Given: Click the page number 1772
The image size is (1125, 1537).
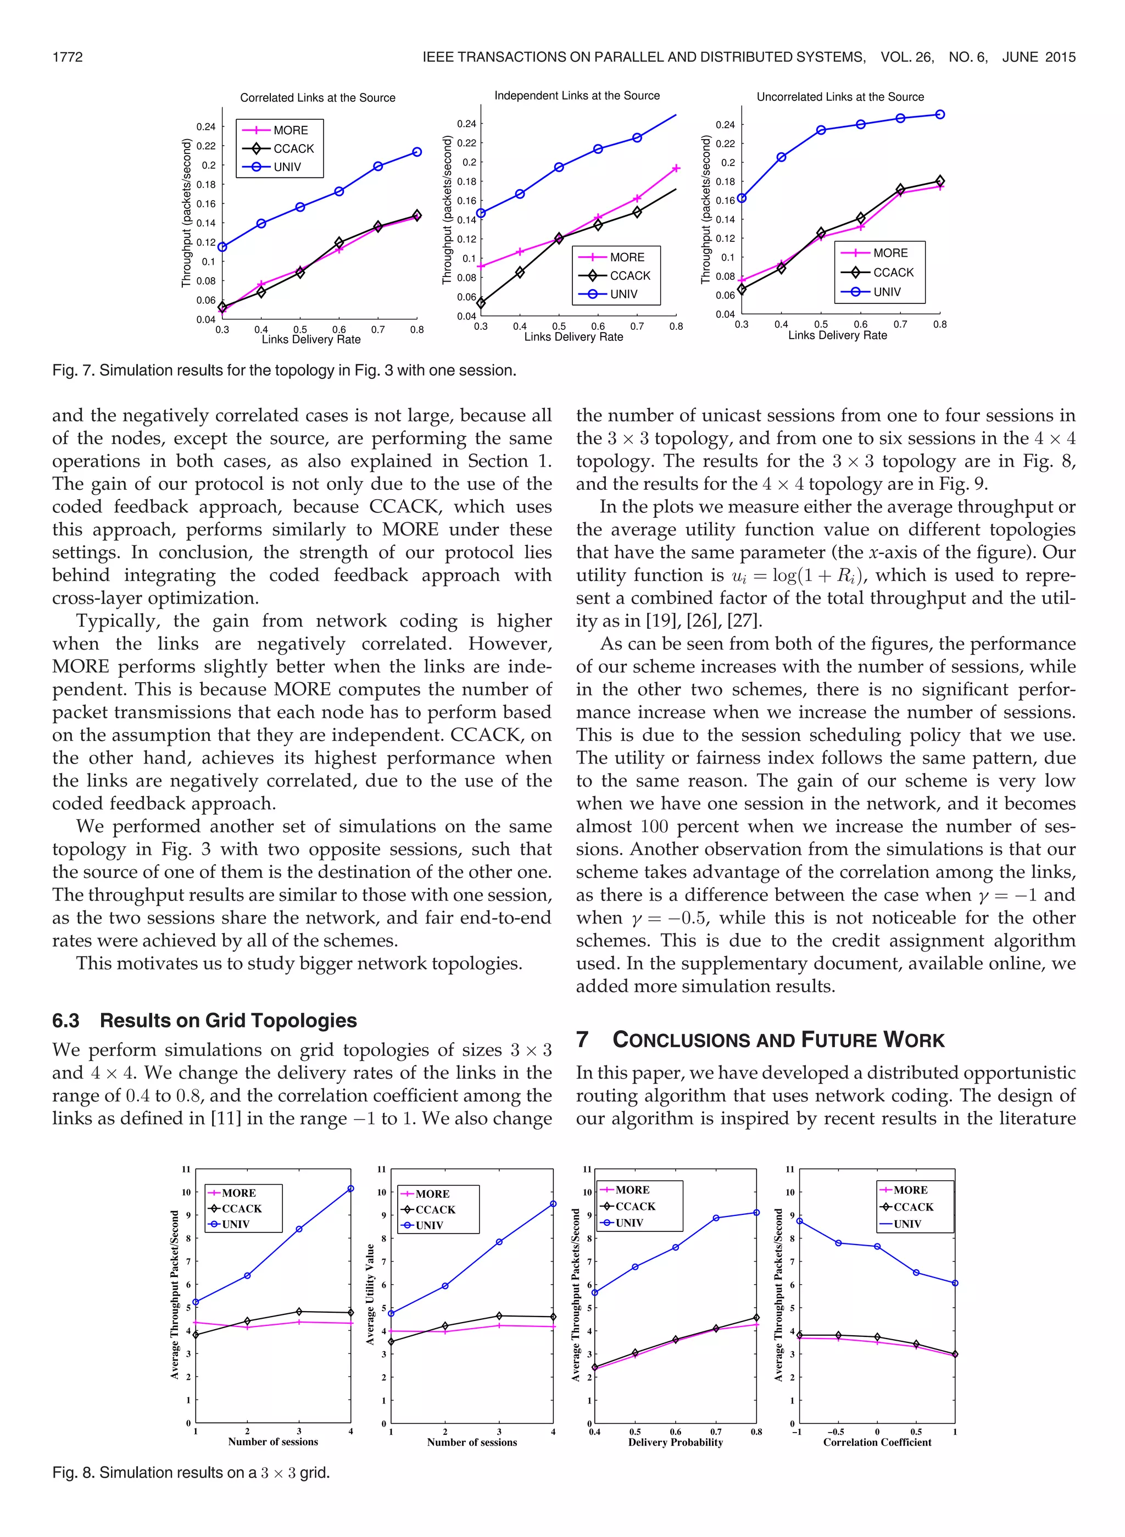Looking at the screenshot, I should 68,57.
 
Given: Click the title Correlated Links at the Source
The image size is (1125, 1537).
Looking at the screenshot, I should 318,97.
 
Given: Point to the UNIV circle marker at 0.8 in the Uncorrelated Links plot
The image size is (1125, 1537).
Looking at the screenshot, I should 940,114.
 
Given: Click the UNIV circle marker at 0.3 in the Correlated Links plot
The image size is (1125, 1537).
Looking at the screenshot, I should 222,247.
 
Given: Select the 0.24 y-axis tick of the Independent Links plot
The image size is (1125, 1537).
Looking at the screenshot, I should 466,123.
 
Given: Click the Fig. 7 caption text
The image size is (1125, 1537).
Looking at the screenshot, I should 284,371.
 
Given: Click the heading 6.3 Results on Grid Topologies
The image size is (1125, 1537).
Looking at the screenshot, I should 204,1020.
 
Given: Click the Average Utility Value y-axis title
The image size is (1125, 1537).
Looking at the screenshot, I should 370,1295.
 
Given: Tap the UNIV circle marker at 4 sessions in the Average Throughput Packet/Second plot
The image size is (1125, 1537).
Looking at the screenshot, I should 350,1188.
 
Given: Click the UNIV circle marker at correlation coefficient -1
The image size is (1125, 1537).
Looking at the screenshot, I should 799,1221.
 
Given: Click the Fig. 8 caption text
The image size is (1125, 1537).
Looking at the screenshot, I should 191,1473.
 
